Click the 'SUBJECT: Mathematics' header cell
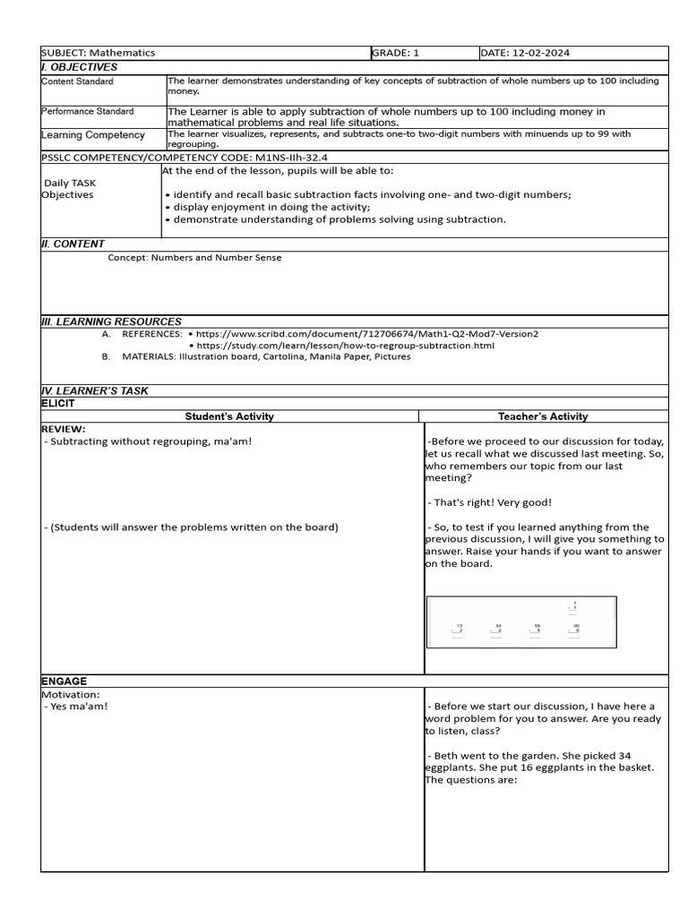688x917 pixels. point(99,53)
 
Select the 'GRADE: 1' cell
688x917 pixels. point(396,53)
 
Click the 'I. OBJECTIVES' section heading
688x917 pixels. point(80,67)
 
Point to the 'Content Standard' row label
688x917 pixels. point(78,81)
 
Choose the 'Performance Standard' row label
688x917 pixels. point(88,111)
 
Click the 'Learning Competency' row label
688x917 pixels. point(93,135)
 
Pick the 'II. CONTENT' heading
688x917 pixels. point(73,244)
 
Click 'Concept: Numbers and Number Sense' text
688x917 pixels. point(194,258)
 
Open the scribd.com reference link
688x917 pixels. point(367,334)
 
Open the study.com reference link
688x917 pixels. point(345,346)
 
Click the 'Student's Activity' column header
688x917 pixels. point(229,416)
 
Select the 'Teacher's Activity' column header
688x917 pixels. point(543,416)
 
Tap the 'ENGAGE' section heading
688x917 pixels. point(64,681)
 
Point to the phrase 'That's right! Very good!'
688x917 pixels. point(490,503)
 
